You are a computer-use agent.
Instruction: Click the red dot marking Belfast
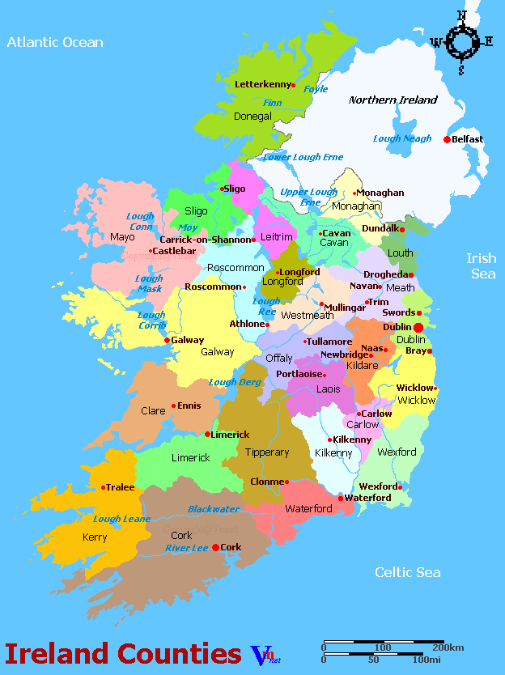447,139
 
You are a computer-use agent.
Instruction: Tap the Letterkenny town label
261,84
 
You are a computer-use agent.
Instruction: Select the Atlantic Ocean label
55,42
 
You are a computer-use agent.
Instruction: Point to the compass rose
462,41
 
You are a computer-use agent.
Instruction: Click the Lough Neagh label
401,138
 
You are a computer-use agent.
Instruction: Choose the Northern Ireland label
393,100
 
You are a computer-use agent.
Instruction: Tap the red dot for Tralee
104,487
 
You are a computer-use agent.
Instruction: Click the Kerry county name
95,537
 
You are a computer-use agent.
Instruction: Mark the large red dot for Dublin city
418,327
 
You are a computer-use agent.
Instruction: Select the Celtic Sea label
407,572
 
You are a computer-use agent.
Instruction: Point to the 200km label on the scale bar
448,647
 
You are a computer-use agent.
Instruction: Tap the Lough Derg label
234,382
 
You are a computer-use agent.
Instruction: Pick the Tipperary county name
267,452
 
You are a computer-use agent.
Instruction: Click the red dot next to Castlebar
151,251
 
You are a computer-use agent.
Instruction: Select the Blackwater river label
214,509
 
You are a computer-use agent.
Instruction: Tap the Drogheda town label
384,275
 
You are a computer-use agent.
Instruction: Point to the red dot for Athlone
268,324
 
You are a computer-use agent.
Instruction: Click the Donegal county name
252,117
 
